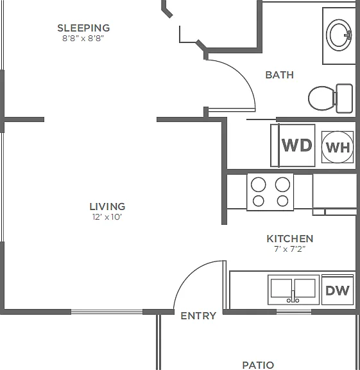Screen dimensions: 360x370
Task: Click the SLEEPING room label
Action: click(x=83, y=28)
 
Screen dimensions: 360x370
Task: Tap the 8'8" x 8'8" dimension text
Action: click(x=83, y=39)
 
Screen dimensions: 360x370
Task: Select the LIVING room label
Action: click(x=107, y=207)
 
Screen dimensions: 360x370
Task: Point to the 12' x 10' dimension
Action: click(x=107, y=217)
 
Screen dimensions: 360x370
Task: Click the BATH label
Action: click(x=280, y=75)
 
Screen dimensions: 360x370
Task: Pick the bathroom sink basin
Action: click(x=339, y=35)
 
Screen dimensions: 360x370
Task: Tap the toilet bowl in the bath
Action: click(x=321, y=98)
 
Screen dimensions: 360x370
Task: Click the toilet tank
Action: click(x=344, y=98)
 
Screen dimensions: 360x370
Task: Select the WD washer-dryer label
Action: click(x=297, y=145)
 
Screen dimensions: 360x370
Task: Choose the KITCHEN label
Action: click(x=290, y=239)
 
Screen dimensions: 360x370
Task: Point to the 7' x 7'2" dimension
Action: click(x=290, y=249)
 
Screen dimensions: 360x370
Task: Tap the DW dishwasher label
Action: click(x=338, y=290)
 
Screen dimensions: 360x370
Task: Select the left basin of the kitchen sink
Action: click(x=281, y=288)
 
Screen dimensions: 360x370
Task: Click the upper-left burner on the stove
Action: click(x=259, y=184)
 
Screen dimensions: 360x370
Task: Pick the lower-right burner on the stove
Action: click(x=282, y=201)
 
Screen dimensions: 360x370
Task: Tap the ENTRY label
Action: click(x=198, y=316)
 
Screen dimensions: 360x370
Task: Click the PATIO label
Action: click(x=258, y=365)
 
